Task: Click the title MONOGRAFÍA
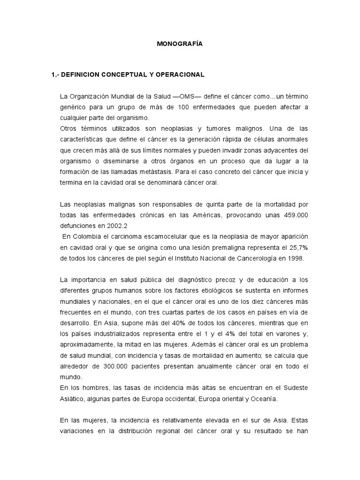tap(180, 44)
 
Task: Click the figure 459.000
tap(295, 215)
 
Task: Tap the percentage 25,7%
tap(299, 247)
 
